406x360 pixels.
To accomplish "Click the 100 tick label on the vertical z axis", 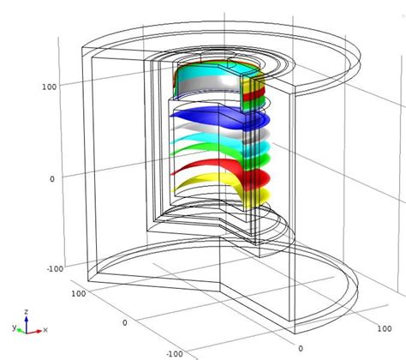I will pyautogui.click(x=49, y=87).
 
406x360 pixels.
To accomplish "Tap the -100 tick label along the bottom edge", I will pyautogui.click(x=174, y=352).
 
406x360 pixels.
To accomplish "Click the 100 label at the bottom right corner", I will pyautogui.click(x=388, y=327).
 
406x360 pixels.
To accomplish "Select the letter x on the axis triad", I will pyautogui.click(x=43, y=329).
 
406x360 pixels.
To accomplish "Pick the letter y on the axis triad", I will pyautogui.click(x=15, y=327).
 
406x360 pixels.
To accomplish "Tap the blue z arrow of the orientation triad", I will pyautogui.click(x=27, y=321).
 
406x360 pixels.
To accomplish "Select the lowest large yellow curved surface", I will pyautogui.click(x=206, y=182).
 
